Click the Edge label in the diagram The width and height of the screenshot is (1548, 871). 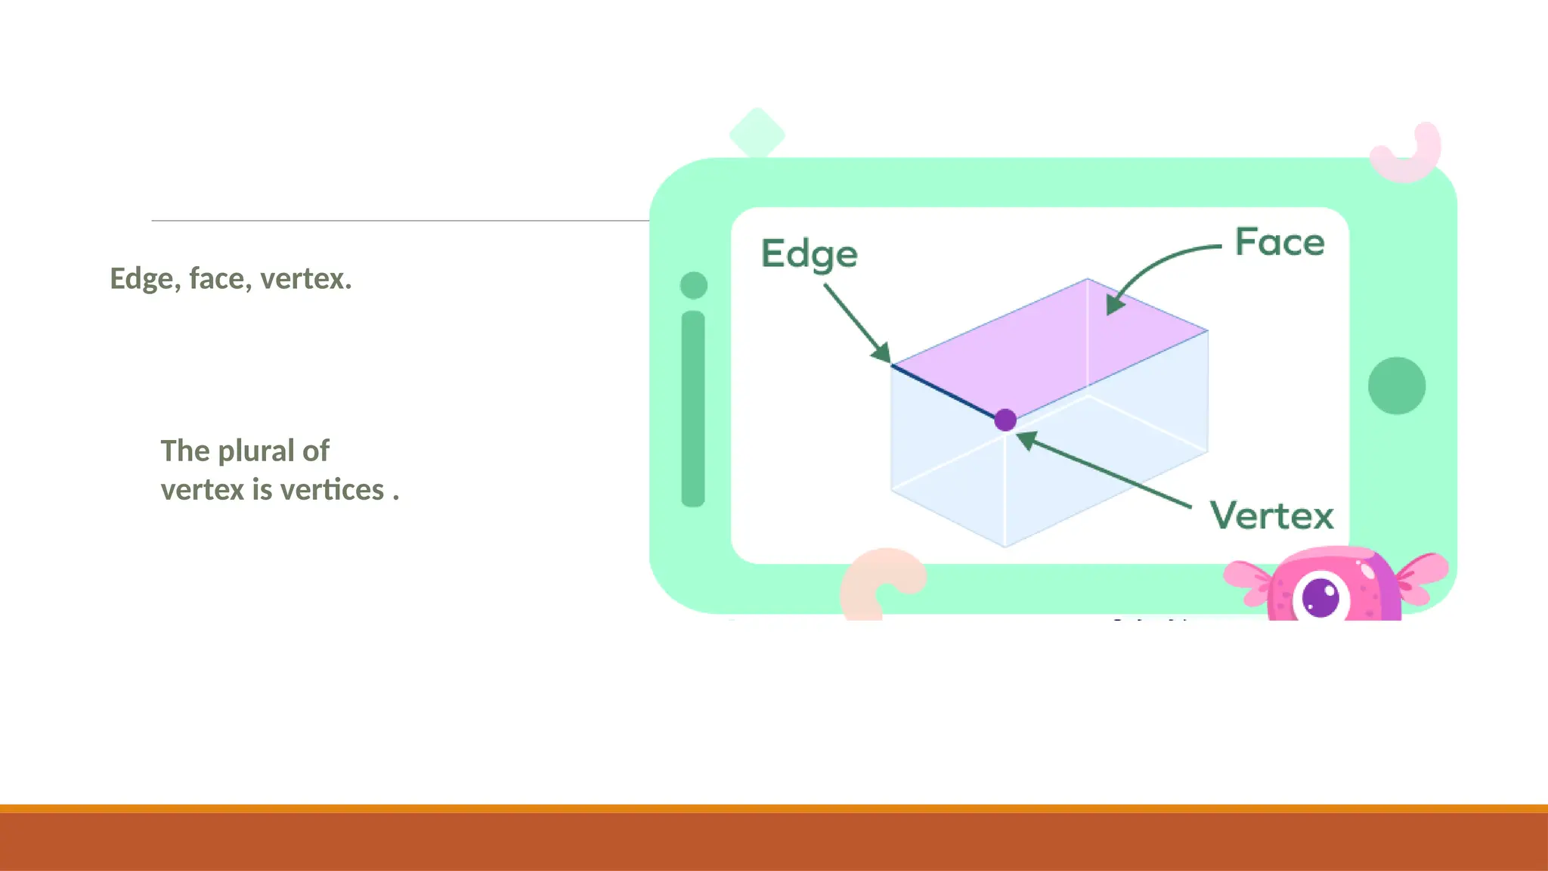(x=809, y=254)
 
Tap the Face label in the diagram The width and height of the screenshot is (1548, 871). (x=1280, y=243)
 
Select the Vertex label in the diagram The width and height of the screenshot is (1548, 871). (x=1271, y=516)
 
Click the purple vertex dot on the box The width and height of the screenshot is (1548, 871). (x=1005, y=420)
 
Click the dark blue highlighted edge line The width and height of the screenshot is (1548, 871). (x=945, y=392)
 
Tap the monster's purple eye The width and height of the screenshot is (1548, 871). (x=1320, y=597)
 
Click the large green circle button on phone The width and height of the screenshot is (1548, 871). (x=1397, y=386)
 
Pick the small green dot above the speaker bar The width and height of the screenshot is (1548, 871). (x=694, y=286)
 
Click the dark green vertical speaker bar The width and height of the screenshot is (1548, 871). (x=693, y=408)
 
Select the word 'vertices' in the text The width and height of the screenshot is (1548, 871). (x=333, y=490)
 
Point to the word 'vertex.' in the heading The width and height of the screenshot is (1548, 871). (x=306, y=279)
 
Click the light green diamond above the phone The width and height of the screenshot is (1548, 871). (x=757, y=134)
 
